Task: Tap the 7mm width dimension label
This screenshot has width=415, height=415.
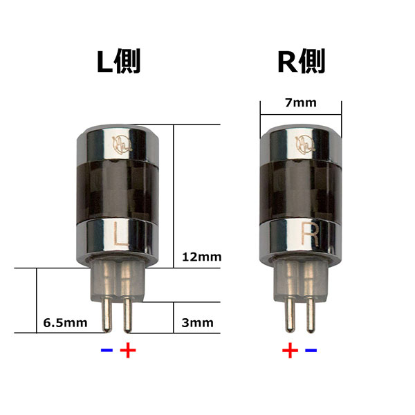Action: (x=300, y=103)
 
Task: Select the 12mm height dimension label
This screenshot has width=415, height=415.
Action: (x=201, y=257)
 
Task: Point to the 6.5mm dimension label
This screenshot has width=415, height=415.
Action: (x=64, y=322)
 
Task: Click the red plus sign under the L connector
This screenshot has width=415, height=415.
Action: (x=128, y=350)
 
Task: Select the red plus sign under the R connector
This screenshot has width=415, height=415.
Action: (x=290, y=351)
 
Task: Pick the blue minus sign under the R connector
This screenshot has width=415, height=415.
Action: (x=311, y=351)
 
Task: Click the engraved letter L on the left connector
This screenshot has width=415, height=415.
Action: (x=119, y=237)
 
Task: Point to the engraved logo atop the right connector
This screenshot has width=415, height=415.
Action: (x=305, y=144)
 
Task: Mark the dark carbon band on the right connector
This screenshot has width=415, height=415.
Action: (x=302, y=190)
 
